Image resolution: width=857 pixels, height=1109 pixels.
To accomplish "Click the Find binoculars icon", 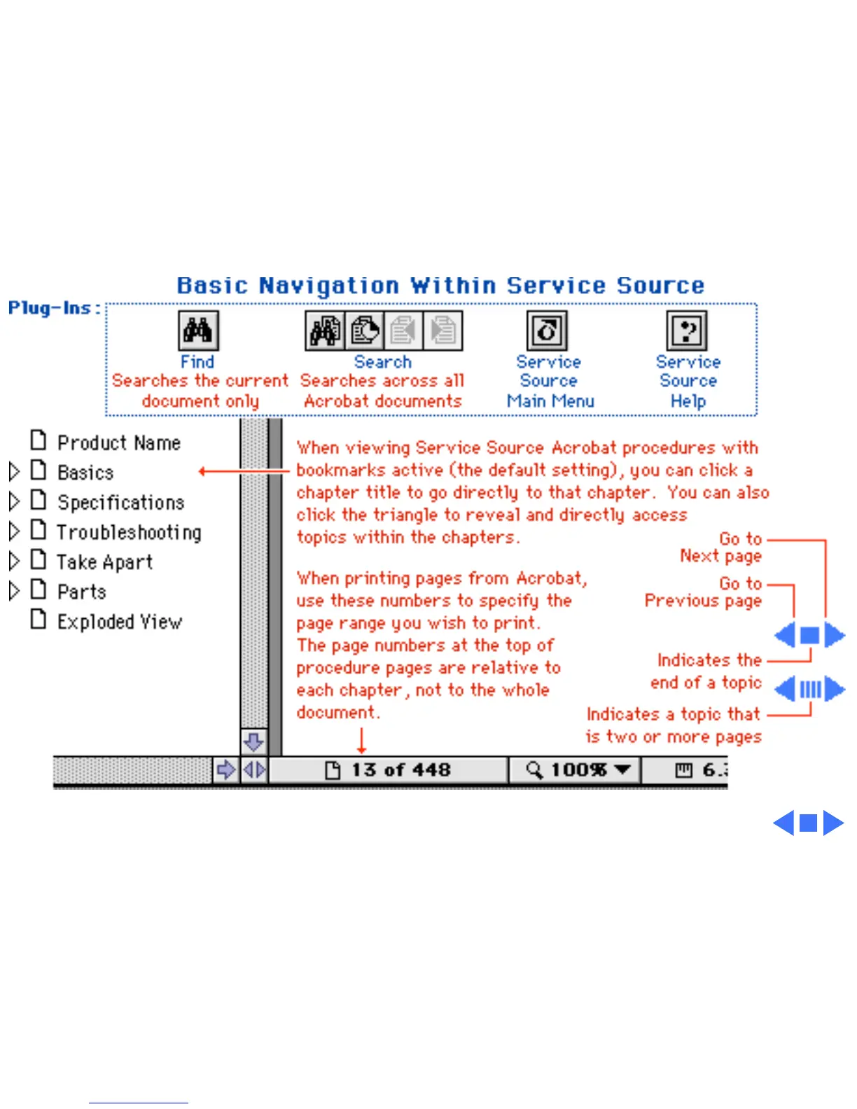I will click(198, 330).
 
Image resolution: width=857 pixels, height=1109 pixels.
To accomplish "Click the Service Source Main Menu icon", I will click(547, 330).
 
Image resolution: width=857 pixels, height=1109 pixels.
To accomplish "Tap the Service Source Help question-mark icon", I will click(687, 330).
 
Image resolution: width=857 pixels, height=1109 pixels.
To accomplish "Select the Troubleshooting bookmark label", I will click(129, 533).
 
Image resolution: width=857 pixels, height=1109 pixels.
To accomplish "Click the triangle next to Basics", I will click(14, 472).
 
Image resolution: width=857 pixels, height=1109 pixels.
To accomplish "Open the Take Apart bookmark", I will click(104, 562).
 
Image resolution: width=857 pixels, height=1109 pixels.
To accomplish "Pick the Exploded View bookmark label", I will click(119, 622).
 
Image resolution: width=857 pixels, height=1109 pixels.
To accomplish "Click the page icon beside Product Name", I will click(39, 441).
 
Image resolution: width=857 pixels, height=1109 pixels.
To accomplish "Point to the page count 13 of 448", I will click(400, 770).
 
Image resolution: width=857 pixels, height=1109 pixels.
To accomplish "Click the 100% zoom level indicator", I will click(578, 770).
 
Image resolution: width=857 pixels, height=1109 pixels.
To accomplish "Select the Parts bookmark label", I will click(81, 592).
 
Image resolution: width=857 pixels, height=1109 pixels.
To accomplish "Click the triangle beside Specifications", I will click(14, 502).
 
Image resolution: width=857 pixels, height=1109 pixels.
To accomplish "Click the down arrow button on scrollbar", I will click(253, 741).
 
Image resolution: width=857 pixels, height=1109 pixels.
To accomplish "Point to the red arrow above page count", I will click(361, 741).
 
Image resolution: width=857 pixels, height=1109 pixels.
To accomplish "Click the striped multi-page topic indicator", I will click(810, 690).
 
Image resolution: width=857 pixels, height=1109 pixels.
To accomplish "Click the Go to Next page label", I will click(720, 547).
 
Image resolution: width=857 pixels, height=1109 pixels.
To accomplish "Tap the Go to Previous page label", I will click(703, 592).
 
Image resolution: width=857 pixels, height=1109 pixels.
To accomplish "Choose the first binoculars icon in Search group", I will click(324, 330).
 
